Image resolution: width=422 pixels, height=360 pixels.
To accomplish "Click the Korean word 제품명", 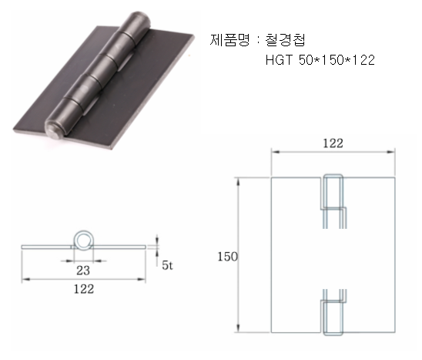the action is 229,40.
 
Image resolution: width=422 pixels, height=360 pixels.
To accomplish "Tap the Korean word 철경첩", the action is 285,40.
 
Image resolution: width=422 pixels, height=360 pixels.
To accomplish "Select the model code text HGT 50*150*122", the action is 320,60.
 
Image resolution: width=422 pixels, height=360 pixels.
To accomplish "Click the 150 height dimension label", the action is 227,257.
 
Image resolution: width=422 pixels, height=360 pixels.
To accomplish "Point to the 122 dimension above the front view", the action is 333,143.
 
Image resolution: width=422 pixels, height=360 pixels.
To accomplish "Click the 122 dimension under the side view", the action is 84,289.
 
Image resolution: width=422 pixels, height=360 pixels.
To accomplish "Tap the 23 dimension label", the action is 83,271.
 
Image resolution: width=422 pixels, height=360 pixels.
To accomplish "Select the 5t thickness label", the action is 167,265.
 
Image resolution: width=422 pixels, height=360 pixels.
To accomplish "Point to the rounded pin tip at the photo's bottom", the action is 55,130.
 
